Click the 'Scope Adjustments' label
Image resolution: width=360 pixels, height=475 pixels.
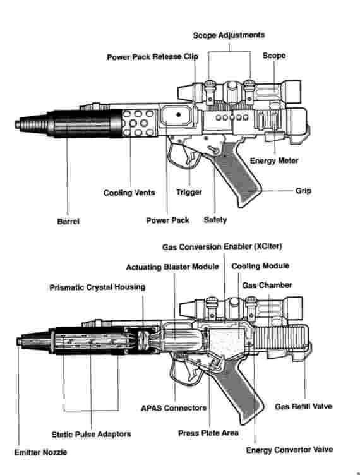click(229, 35)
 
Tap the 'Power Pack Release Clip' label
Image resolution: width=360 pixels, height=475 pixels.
click(153, 57)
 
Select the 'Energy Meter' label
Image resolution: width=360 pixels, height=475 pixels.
click(274, 160)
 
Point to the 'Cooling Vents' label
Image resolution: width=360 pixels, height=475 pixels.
click(129, 193)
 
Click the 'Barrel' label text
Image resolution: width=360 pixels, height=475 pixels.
click(68, 222)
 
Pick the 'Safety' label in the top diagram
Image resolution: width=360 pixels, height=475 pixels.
click(215, 220)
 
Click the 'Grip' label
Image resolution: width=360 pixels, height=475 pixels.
click(303, 191)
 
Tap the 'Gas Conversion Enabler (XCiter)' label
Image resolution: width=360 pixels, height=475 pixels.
click(222, 246)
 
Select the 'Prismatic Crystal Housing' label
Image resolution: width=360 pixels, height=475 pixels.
click(97, 287)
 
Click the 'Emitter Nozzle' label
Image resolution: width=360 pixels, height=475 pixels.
click(41, 452)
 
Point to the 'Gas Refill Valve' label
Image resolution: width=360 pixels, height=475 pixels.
click(303, 407)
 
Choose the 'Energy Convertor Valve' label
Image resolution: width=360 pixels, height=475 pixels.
click(289, 450)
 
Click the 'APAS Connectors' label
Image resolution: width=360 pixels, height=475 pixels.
click(174, 408)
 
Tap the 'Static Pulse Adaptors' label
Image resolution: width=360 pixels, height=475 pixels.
click(92, 435)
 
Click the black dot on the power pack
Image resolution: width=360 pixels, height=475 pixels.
click(179, 114)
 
